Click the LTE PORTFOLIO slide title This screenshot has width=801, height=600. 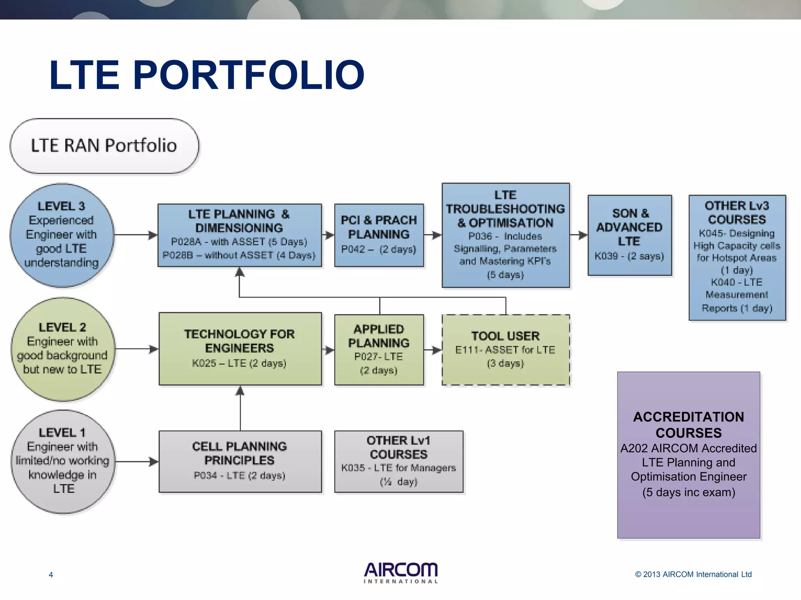point(207,75)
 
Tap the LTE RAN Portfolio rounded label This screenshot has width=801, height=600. point(104,146)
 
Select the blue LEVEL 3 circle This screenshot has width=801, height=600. point(62,235)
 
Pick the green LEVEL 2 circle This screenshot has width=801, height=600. point(63,349)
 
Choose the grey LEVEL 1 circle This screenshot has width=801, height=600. point(63,461)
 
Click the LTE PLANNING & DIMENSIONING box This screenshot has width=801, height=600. point(239,235)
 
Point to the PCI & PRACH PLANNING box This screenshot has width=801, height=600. point(379,235)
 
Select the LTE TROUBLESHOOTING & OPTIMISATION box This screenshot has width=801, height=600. point(505,235)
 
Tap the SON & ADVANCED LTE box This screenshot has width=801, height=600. point(629,235)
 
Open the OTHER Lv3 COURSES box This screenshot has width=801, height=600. point(737,257)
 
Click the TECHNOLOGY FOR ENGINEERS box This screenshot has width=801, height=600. point(240,348)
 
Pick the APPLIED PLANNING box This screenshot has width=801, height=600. point(379,349)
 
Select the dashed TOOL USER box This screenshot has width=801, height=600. point(505,349)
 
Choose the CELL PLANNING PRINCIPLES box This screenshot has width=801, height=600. point(240,461)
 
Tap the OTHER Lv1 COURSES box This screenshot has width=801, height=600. point(399,461)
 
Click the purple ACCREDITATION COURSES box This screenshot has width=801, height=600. point(688,455)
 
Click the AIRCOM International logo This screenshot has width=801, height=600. point(400,573)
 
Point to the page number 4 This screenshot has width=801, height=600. point(51,575)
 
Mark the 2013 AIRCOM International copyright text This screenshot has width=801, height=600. point(693,574)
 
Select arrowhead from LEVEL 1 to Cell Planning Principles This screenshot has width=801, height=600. point(154,462)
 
